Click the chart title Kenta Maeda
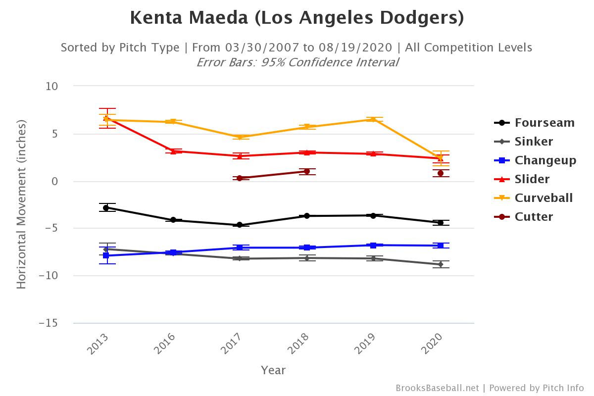(x=297, y=18)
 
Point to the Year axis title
(x=273, y=370)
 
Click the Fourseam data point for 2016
(x=173, y=220)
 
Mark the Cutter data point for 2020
(x=441, y=173)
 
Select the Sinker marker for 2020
(x=441, y=264)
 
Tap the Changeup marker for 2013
(x=106, y=256)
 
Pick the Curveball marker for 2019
(x=374, y=119)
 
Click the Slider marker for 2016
(x=173, y=151)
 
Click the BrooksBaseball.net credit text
(x=437, y=388)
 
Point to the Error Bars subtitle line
(x=297, y=62)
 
